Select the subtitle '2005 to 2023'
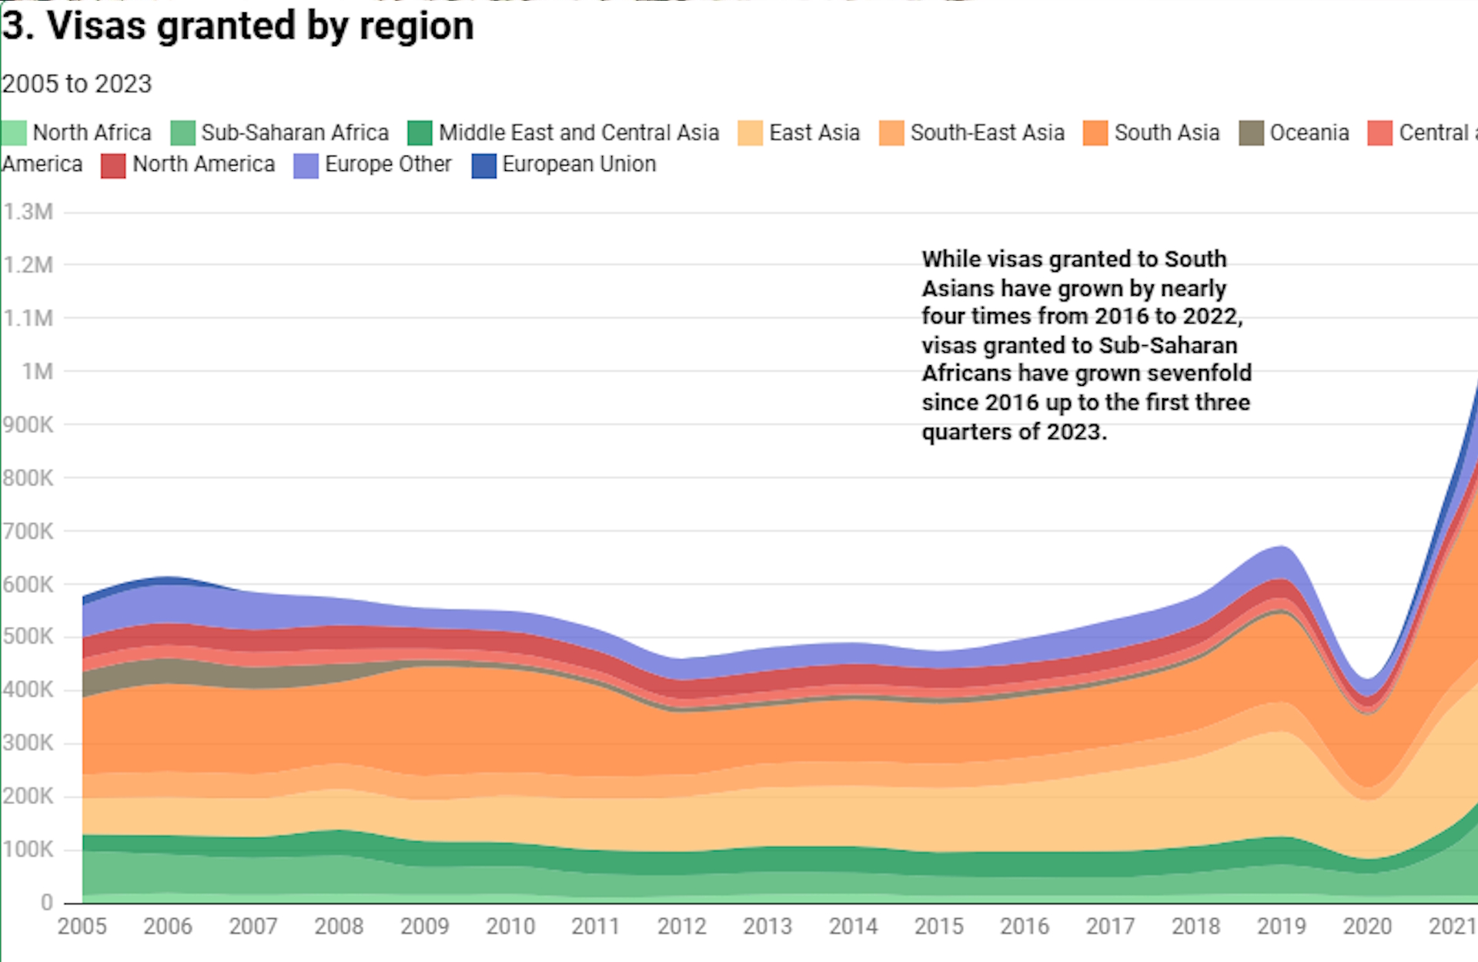coord(77,84)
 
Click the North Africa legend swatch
coord(14,133)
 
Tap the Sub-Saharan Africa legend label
coord(295,133)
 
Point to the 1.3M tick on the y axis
coord(28,212)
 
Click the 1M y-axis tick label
coord(37,372)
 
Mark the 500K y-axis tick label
coord(28,637)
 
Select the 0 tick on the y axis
coord(47,902)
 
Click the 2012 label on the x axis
coord(681,926)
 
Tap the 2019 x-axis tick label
coord(1281,926)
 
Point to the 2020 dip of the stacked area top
coord(1367,679)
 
